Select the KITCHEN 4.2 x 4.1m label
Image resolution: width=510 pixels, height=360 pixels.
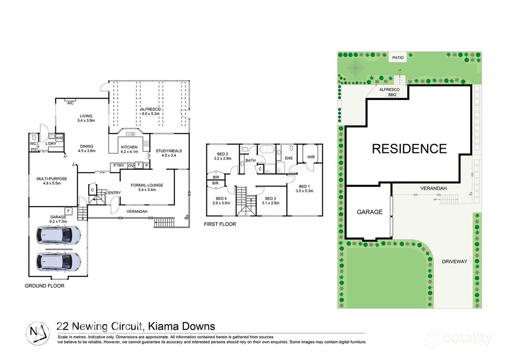pyautogui.click(x=129, y=149)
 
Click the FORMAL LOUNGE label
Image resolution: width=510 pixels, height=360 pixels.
pyautogui.click(x=147, y=188)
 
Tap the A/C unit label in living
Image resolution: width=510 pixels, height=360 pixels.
pyautogui.click(x=70, y=103)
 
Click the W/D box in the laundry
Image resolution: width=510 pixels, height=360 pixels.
pyautogui.click(x=59, y=138)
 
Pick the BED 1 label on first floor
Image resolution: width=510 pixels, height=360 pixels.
pyautogui.click(x=305, y=188)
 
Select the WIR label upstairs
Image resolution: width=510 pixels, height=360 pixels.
pyautogui.click(x=311, y=157)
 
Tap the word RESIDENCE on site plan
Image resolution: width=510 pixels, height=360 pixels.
pyautogui.click(x=409, y=149)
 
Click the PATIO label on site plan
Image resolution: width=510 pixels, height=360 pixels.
pyautogui.click(x=397, y=58)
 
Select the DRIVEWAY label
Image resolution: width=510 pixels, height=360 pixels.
pyautogui.click(x=454, y=262)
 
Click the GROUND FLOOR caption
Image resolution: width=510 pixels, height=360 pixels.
pyautogui.click(x=44, y=286)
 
